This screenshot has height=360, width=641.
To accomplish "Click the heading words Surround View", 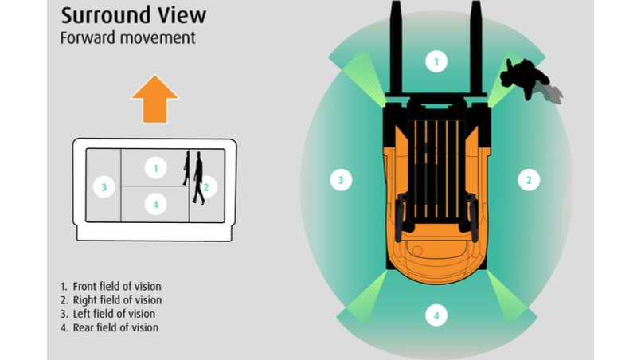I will point(134,14).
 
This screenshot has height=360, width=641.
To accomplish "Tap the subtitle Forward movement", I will point(128,37).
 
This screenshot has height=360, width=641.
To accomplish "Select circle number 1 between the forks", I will point(436,61).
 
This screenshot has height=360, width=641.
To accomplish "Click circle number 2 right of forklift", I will point(528,180).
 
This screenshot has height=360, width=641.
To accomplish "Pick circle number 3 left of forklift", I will point(341,180).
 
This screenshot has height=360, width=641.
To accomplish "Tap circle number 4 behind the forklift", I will point(436,315).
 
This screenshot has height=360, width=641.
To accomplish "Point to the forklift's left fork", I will point(396,48).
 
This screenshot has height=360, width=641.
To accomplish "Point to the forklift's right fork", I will point(475,48).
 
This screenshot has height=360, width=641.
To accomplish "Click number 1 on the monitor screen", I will point(155,168).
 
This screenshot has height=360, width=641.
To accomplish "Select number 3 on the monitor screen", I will point(103,187).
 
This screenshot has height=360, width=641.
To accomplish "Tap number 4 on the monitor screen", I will point(155,205).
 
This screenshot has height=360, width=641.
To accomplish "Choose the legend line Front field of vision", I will point(116,287).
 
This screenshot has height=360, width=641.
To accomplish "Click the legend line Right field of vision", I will point(116,300).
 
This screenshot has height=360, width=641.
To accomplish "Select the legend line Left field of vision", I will point(113,314).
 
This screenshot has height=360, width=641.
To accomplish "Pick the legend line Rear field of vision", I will point(115,327).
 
